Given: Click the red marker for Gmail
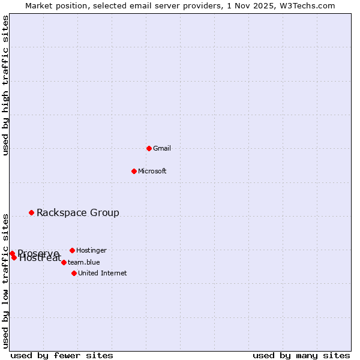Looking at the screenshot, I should click(x=149, y=148).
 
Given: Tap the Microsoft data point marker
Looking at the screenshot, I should click(x=134, y=171).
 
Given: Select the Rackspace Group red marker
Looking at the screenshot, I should click(x=31, y=212).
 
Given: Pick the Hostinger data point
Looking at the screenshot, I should click(x=72, y=250).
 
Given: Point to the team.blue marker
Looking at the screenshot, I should click(x=64, y=262).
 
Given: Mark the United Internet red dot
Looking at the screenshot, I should click(x=74, y=273).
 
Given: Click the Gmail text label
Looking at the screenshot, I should click(x=162, y=148).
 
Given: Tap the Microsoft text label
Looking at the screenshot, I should click(x=152, y=171).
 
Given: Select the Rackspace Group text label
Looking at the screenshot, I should click(x=78, y=212).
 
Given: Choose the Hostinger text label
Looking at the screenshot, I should click(x=91, y=250).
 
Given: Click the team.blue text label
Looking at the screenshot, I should click(x=84, y=262).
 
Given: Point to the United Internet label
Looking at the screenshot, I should click(x=103, y=273).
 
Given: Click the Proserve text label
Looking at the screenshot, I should click(x=38, y=253).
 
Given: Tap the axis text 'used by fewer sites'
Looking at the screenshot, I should click(x=62, y=355).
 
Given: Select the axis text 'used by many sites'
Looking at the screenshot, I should click(x=301, y=355).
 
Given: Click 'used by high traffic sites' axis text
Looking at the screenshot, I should click(x=5, y=85).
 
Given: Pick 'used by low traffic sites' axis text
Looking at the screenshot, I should click(x=5, y=280).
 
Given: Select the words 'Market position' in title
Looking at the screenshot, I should click(x=52, y=5).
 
